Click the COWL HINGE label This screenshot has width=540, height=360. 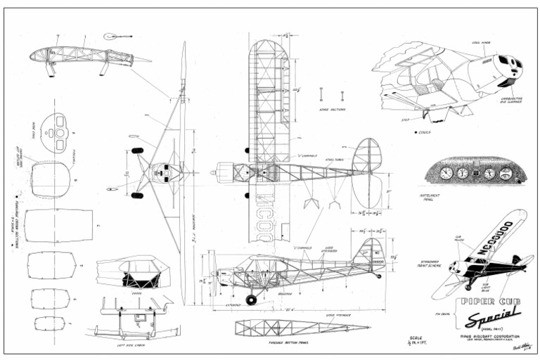pos(482,42)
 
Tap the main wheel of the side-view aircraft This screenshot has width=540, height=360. pos(251,300)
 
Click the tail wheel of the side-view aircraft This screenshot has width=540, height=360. pos(380,276)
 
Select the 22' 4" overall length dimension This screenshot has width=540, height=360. pos(288,310)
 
